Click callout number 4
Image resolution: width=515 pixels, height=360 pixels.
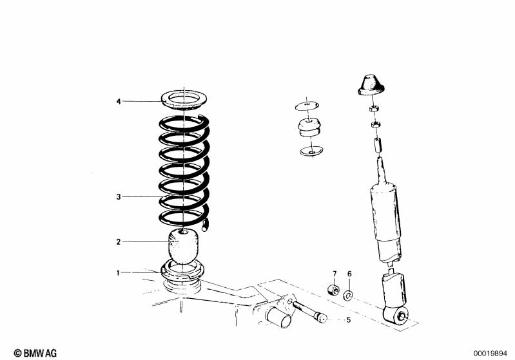[x=119, y=102]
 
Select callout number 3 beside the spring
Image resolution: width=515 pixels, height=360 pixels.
[x=119, y=196]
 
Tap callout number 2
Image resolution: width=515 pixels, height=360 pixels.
[x=119, y=242]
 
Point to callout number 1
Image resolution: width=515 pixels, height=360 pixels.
[x=119, y=273]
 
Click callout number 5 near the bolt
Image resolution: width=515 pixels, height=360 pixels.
[x=348, y=319]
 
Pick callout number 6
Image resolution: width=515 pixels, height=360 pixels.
[x=349, y=274]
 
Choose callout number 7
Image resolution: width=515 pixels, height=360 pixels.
[x=335, y=274]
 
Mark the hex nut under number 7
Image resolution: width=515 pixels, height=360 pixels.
[x=334, y=289]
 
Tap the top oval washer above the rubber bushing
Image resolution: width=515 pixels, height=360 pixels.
[x=307, y=105]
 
